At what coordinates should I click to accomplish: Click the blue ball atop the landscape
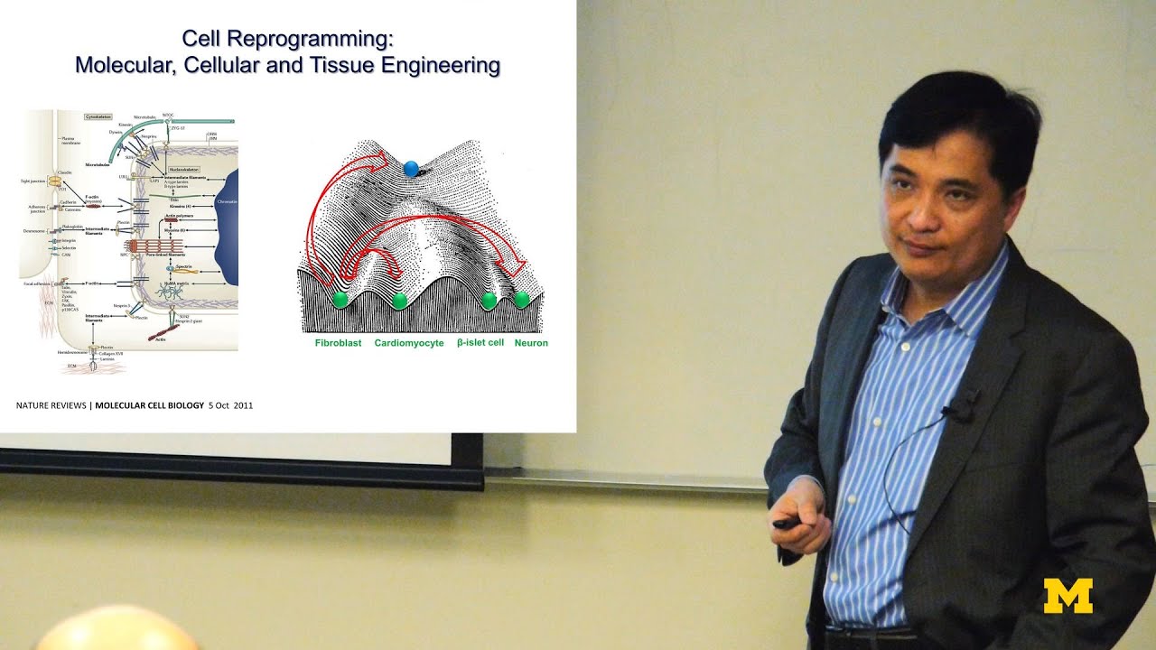(x=411, y=168)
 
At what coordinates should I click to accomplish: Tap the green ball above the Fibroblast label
(x=340, y=299)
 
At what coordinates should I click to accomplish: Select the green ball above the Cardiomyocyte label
(x=400, y=301)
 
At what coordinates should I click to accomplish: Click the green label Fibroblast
(x=338, y=343)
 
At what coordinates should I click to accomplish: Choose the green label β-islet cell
(x=480, y=343)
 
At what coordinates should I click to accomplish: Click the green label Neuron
(x=531, y=343)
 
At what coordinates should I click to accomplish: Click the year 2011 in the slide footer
(x=243, y=405)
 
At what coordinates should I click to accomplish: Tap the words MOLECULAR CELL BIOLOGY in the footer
(x=150, y=405)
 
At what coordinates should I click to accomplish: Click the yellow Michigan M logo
(x=1067, y=596)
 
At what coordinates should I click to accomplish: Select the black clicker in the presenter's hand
(x=785, y=523)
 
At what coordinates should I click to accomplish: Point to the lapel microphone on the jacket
(x=961, y=406)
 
